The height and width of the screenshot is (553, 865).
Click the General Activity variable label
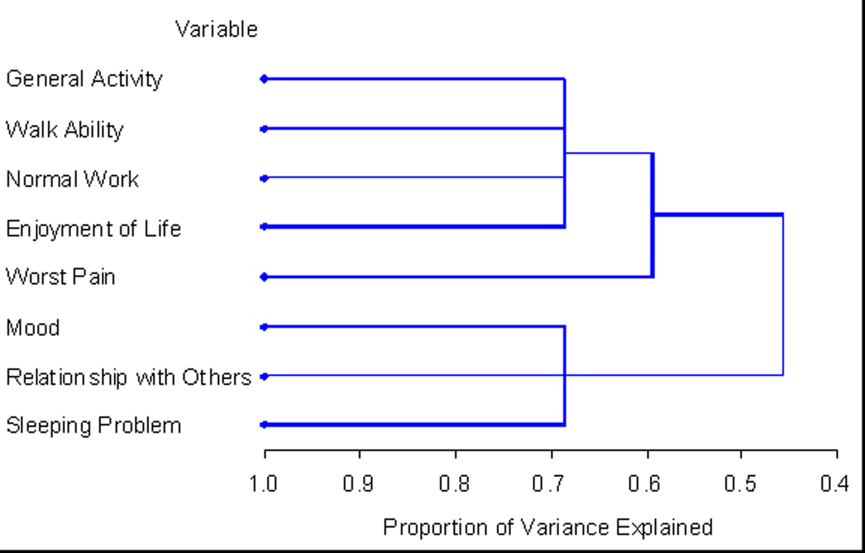coord(84,79)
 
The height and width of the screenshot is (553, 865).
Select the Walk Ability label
coord(64,129)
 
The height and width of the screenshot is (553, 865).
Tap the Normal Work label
coord(72,179)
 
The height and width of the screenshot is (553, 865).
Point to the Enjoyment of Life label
coord(93,229)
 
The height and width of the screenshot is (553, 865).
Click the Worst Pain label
coord(60,277)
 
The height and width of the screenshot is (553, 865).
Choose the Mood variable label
coord(33,328)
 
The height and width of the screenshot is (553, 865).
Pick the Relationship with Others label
coord(128,377)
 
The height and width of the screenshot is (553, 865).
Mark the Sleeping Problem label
coord(93,425)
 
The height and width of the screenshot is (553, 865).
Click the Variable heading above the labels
coord(216,30)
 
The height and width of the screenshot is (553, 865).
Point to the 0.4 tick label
coord(836,485)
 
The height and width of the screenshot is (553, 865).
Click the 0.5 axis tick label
coord(740,485)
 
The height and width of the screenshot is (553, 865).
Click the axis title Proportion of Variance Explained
coord(548,528)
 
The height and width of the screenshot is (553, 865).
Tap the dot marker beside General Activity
coord(264,79)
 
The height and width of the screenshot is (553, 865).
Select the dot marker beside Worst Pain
coord(264,277)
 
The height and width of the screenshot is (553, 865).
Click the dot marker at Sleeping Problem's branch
coord(264,425)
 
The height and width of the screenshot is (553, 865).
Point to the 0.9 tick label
coord(359,485)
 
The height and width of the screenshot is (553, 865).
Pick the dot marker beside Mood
coord(264,327)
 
